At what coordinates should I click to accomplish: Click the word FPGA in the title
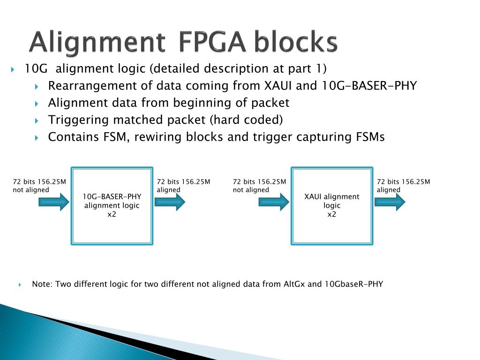coord(212,43)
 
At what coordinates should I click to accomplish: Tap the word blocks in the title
coord(296,43)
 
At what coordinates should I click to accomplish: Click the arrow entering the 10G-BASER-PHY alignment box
coord(53,202)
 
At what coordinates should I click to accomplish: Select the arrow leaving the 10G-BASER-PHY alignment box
coord(170,202)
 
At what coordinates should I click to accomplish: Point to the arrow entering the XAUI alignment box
coord(274,202)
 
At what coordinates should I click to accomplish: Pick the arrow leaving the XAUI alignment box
coord(390,202)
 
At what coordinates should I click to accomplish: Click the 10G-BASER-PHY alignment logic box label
coord(112,201)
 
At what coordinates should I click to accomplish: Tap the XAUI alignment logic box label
coord(332,201)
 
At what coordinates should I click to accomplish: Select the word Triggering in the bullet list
coord(79,120)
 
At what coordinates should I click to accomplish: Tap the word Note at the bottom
coord(41,284)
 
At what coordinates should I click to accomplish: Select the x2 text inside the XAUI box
coord(332,215)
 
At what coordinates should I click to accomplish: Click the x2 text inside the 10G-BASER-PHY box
coord(112,215)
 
